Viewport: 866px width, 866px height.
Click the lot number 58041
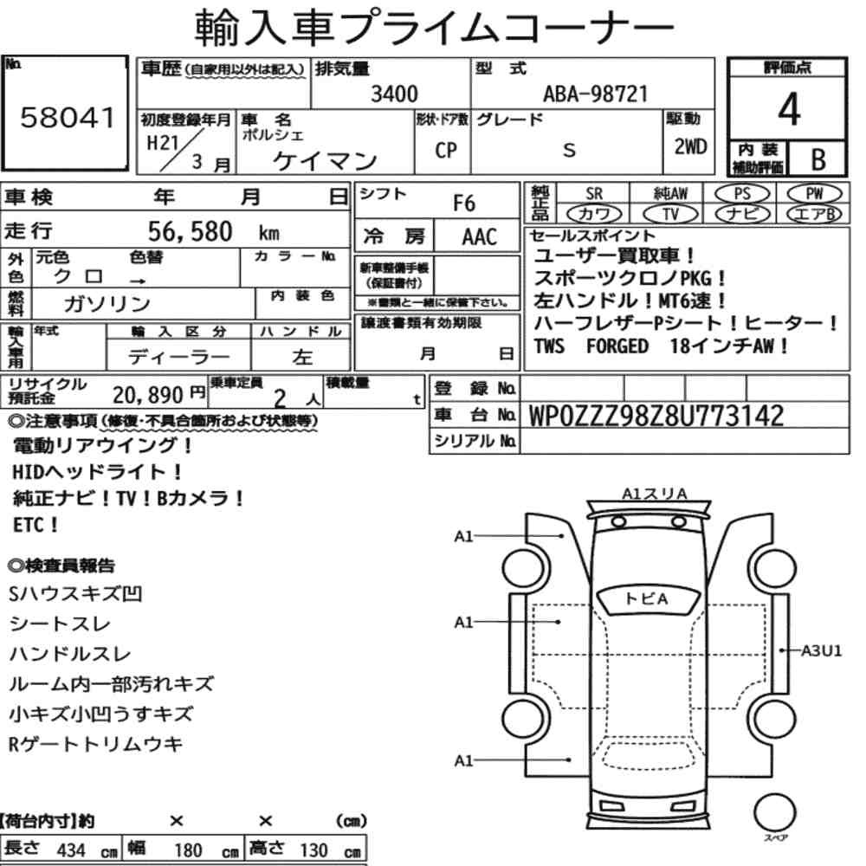point(68,118)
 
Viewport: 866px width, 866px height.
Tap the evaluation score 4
point(789,109)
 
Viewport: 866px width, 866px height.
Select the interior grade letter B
point(818,159)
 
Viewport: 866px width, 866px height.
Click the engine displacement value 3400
point(394,94)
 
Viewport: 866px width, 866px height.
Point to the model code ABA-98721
point(595,94)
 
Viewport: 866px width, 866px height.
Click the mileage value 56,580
point(190,231)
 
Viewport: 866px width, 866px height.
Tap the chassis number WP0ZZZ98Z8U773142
point(656,416)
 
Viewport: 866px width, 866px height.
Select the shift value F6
point(464,204)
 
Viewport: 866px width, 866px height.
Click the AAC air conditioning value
point(480,237)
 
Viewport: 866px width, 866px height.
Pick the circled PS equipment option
point(742,194)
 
